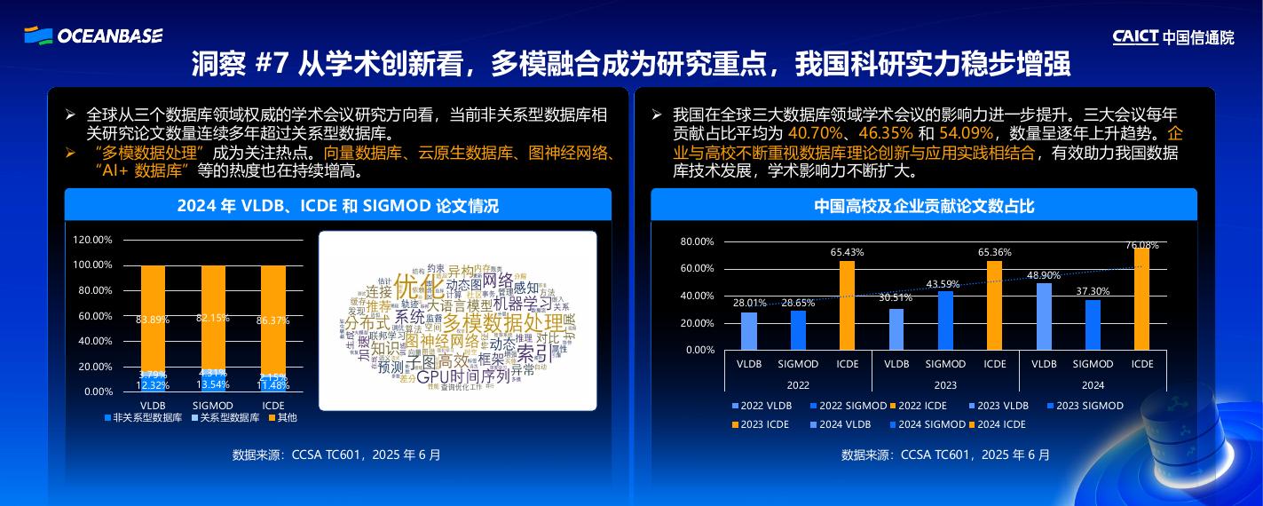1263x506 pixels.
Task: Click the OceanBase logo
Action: [x=93, y=36]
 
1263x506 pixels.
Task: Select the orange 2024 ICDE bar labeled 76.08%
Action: [x=1141, y=298]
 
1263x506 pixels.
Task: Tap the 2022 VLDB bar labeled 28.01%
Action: [x=749, y=330]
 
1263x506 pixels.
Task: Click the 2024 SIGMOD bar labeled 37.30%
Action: [x=1093, y=324]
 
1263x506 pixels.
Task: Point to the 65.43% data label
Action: [x=847, y=252]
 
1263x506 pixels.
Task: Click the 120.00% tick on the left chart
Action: [x=92, y=240]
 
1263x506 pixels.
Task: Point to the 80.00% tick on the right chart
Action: [x=697, y=241]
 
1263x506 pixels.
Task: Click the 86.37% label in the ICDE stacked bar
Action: [x=272, y=320]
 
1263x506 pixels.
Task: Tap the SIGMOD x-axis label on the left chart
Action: [x=213, y=406]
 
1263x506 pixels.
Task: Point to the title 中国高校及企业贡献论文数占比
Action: [x=924, y=206]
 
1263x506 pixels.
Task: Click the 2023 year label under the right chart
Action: [x=945, y=385]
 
